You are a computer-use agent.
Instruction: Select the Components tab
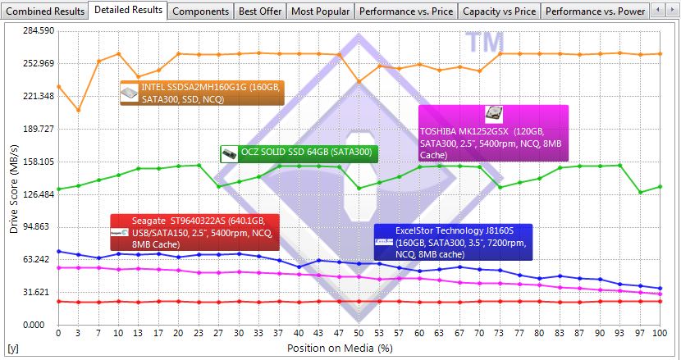[x=201, y=11]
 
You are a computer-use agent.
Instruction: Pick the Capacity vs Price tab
[x=499, y=11]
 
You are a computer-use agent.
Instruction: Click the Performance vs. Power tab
[x=596, y=11]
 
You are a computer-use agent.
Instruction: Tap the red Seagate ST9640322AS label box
[x=194, y=232]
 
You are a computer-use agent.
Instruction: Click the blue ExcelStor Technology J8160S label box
[x=454, y=242]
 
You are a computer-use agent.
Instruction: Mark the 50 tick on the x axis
[x=359, y=335]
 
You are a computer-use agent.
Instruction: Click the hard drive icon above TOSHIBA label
[x=494, y=115]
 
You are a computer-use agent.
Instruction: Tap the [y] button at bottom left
[x=12, y=349]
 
